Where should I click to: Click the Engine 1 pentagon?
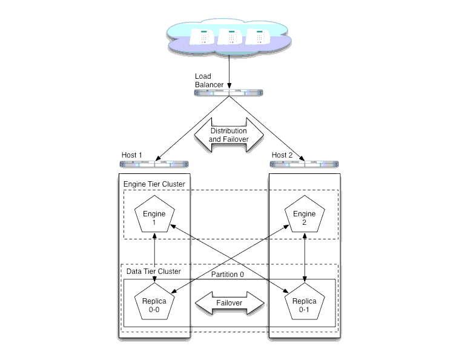coord(154,215)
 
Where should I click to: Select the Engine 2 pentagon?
coord(305,215)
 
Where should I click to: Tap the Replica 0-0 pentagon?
coord(154,302)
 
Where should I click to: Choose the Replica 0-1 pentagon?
coord(305,302)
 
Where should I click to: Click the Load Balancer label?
coord(209,81)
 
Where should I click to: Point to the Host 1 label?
coord(132,155)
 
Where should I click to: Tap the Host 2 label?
coord(282,155)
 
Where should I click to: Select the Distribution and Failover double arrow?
coord(229,135)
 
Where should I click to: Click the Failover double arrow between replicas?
coord(229,303)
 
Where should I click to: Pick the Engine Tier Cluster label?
coord(154,184)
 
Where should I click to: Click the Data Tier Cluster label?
coord(154,272)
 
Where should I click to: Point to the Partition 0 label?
coord(228,275)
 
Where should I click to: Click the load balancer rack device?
coord(229,93)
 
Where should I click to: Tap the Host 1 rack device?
coord(154,164)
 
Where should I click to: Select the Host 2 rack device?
coord(305,164)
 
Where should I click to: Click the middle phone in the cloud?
coord(230,37)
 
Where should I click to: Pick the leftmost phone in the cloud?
coord(202,37)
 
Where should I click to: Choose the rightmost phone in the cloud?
coord(258,37)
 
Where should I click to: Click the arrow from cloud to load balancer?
coord(229,72)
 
